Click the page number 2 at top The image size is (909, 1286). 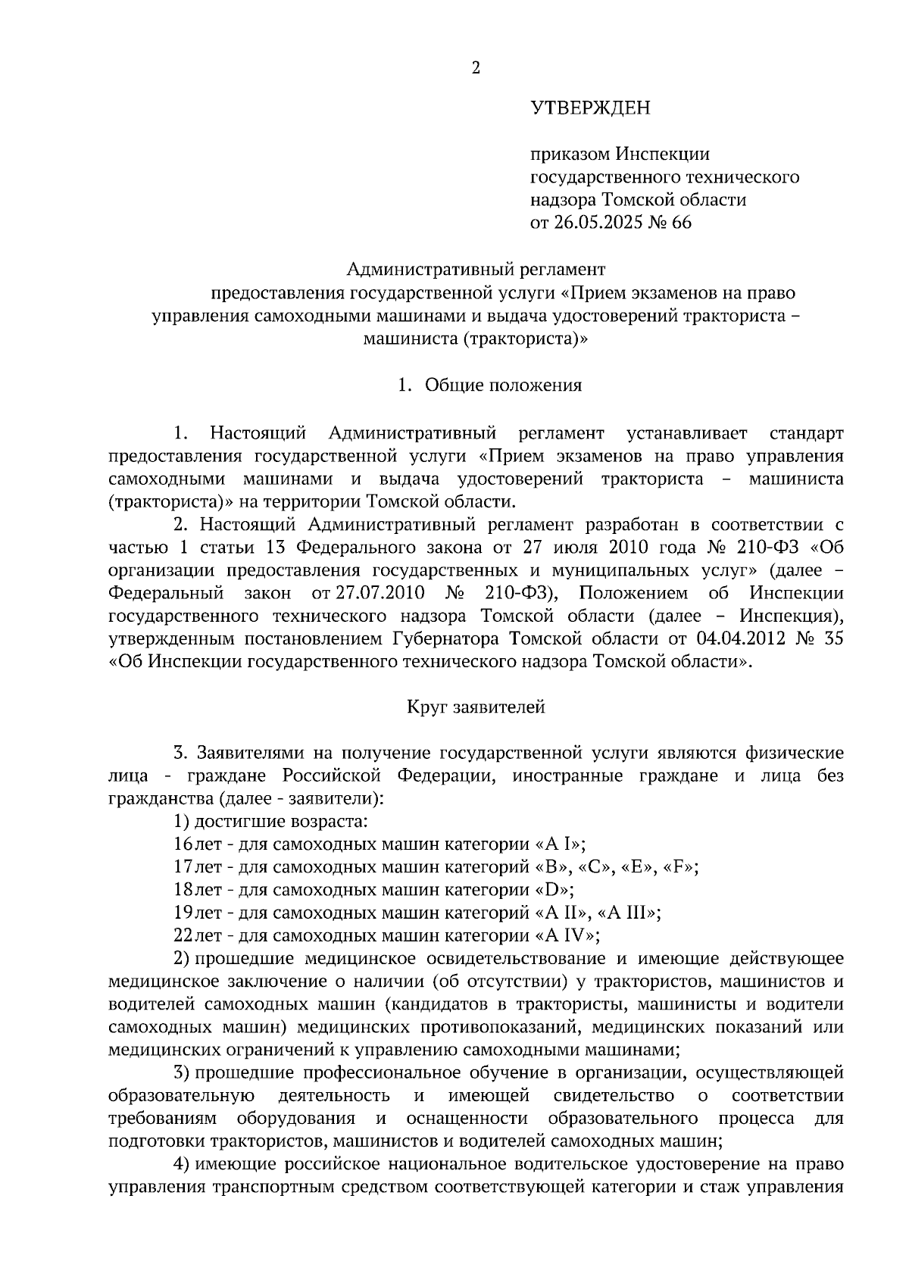pos(476,68)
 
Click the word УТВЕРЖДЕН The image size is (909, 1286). pos(589,108)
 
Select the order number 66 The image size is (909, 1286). pos(681,223)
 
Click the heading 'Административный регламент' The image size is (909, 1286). pos(476,269)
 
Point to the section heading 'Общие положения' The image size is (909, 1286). pos(503,385)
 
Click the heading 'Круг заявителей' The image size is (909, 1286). pos(476,707)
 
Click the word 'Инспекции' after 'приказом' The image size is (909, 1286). pos(662,155)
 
